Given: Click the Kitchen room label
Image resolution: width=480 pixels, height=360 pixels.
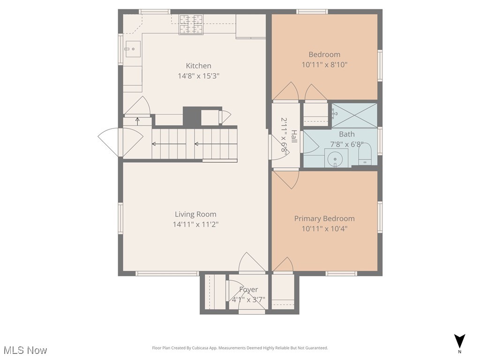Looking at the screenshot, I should [x=198, y=66].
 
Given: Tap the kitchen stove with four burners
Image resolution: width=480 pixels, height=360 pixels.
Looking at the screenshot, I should [x=191, y=24].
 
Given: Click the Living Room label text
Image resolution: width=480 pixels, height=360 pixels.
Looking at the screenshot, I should [x=195, y=214].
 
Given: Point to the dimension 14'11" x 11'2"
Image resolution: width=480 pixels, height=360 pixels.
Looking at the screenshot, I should [x=195, y=225].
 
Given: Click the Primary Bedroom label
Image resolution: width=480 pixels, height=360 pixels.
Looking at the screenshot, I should [x=324, y=218].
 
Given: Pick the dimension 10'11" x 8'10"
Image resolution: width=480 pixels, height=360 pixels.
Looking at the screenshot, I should [x=324, y=65].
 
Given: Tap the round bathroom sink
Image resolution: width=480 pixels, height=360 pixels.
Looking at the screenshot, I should [x=336, y=159].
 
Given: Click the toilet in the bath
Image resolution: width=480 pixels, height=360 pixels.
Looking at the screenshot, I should [x=365, y=154].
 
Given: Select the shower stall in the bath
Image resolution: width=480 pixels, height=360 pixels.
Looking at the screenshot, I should [x=354, y=115].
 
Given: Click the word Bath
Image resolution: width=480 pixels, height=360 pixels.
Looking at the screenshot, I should [x=347, y=134].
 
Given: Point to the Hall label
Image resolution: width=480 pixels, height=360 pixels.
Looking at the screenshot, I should [x=294, y=136].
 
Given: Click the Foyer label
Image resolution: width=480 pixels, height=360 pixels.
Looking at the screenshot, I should [x=248, y=290].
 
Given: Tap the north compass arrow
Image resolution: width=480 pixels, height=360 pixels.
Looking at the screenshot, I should [x=460, y=341].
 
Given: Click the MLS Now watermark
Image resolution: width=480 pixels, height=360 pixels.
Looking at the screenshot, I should [x=25, y=350].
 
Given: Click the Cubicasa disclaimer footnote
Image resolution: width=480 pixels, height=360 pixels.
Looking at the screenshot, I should [x=240, y=348].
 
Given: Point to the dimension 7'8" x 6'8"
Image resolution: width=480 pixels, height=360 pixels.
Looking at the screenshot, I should [x=347, y=144].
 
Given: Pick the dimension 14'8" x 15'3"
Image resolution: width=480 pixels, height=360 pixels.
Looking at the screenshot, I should [x=198, y=76].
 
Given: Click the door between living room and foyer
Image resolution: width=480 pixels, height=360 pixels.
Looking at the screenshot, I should [x=252, y=264].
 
